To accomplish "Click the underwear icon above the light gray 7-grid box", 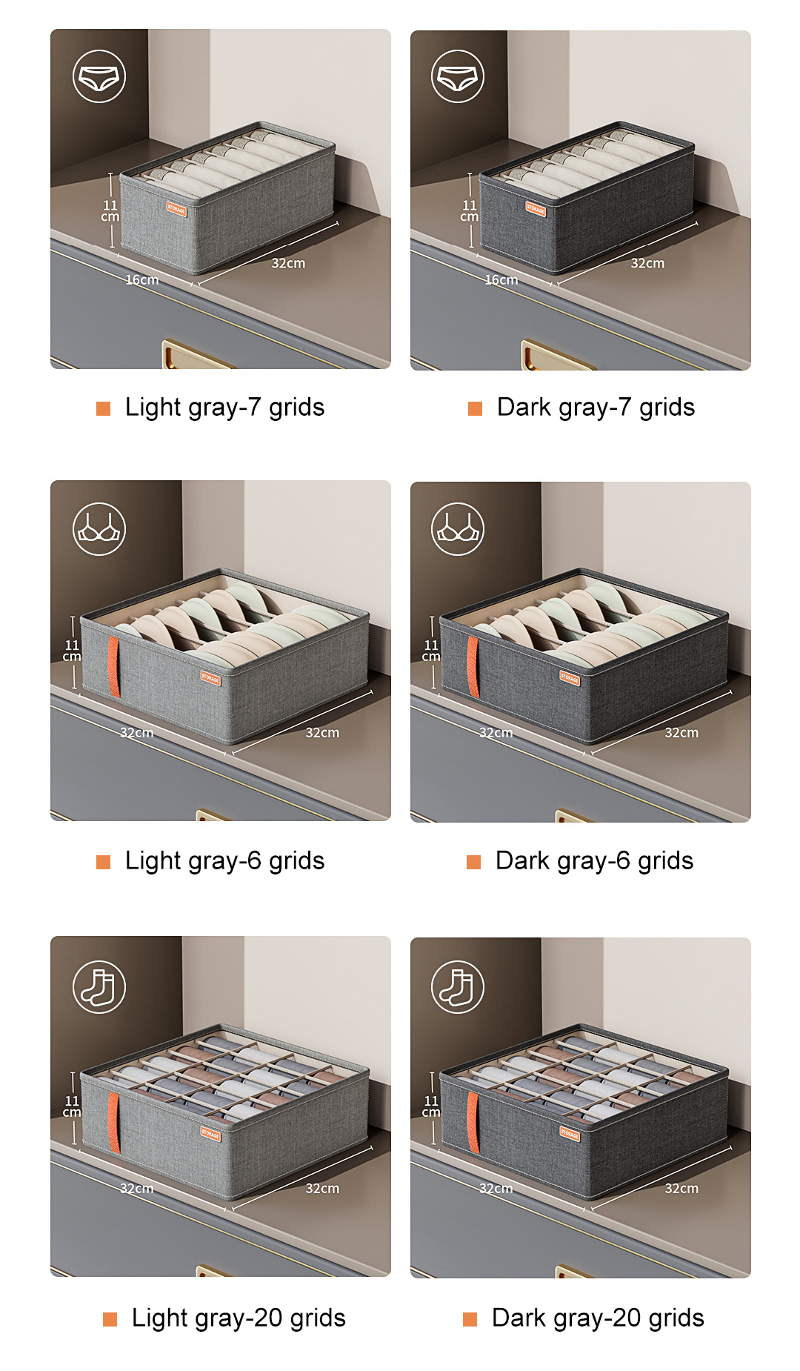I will pyautogui.click(x=99, y=76).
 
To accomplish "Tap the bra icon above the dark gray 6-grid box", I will pyautogui.click(x=458, y=529).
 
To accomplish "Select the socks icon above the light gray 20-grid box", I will pyautogui.click(x=99, y=987).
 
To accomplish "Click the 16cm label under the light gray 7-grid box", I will pyautogui.click(x=141, y=279).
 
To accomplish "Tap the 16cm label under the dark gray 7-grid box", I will pyautogui.click(x=501, y=279).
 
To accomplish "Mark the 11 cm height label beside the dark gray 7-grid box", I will pyautogui.click(x=469, y=210).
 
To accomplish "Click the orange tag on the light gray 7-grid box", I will pyautogui.click(x=176, y=209).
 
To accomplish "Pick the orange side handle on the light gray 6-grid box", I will pyautogui.click(x=114, y=666).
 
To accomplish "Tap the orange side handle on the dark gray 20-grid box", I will pyautogui.click(x=473, y=1122).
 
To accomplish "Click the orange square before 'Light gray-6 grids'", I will pyautogui.click(x=104, y=861).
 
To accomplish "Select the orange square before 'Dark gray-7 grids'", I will pyautogui.click(x=475, y=408).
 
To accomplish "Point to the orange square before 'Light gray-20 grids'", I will pyautogui.click(x=110, y=1318).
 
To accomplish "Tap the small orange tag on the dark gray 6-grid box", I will pyautogui.click(x=569, y=677).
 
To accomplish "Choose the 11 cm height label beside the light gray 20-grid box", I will pyautogui.click(x=72, y=1106).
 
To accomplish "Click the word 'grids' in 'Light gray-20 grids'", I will pyautogui.click(x=318, y=1318).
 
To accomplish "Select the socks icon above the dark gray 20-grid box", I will pyautogui.click(x=458, y=987).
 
